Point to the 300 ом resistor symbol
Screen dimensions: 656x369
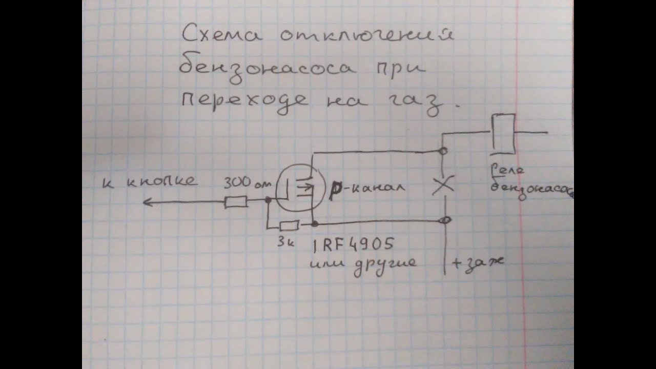(236, 202)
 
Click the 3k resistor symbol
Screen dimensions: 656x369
(290, 225)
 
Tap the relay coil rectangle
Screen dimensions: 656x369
(503, 134)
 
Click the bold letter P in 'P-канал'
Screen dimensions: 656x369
(337, 188)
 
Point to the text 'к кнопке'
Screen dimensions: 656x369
(150, 181)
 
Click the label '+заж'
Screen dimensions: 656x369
(477, 262)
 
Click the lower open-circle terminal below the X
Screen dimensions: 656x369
(446, 220)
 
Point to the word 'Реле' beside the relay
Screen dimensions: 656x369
(507, 171)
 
